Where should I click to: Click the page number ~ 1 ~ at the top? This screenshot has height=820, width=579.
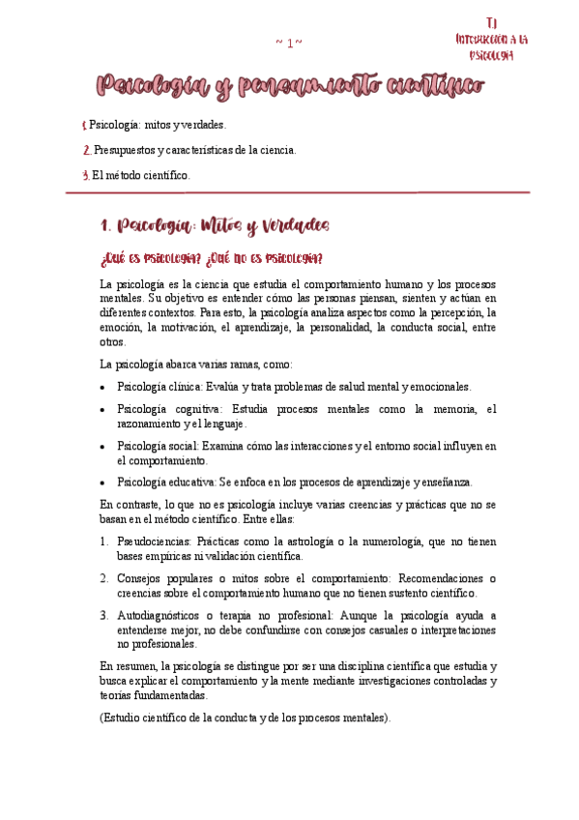(289, 42)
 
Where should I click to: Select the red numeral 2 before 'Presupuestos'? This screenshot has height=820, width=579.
(87, 150)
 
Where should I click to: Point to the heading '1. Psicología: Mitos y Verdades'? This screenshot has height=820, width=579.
(215, 226)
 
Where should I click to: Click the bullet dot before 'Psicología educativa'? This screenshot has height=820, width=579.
(104, 483)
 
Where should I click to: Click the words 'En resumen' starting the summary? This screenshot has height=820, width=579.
(129, 666)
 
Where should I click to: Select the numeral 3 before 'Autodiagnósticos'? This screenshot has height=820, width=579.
(104, 615)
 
